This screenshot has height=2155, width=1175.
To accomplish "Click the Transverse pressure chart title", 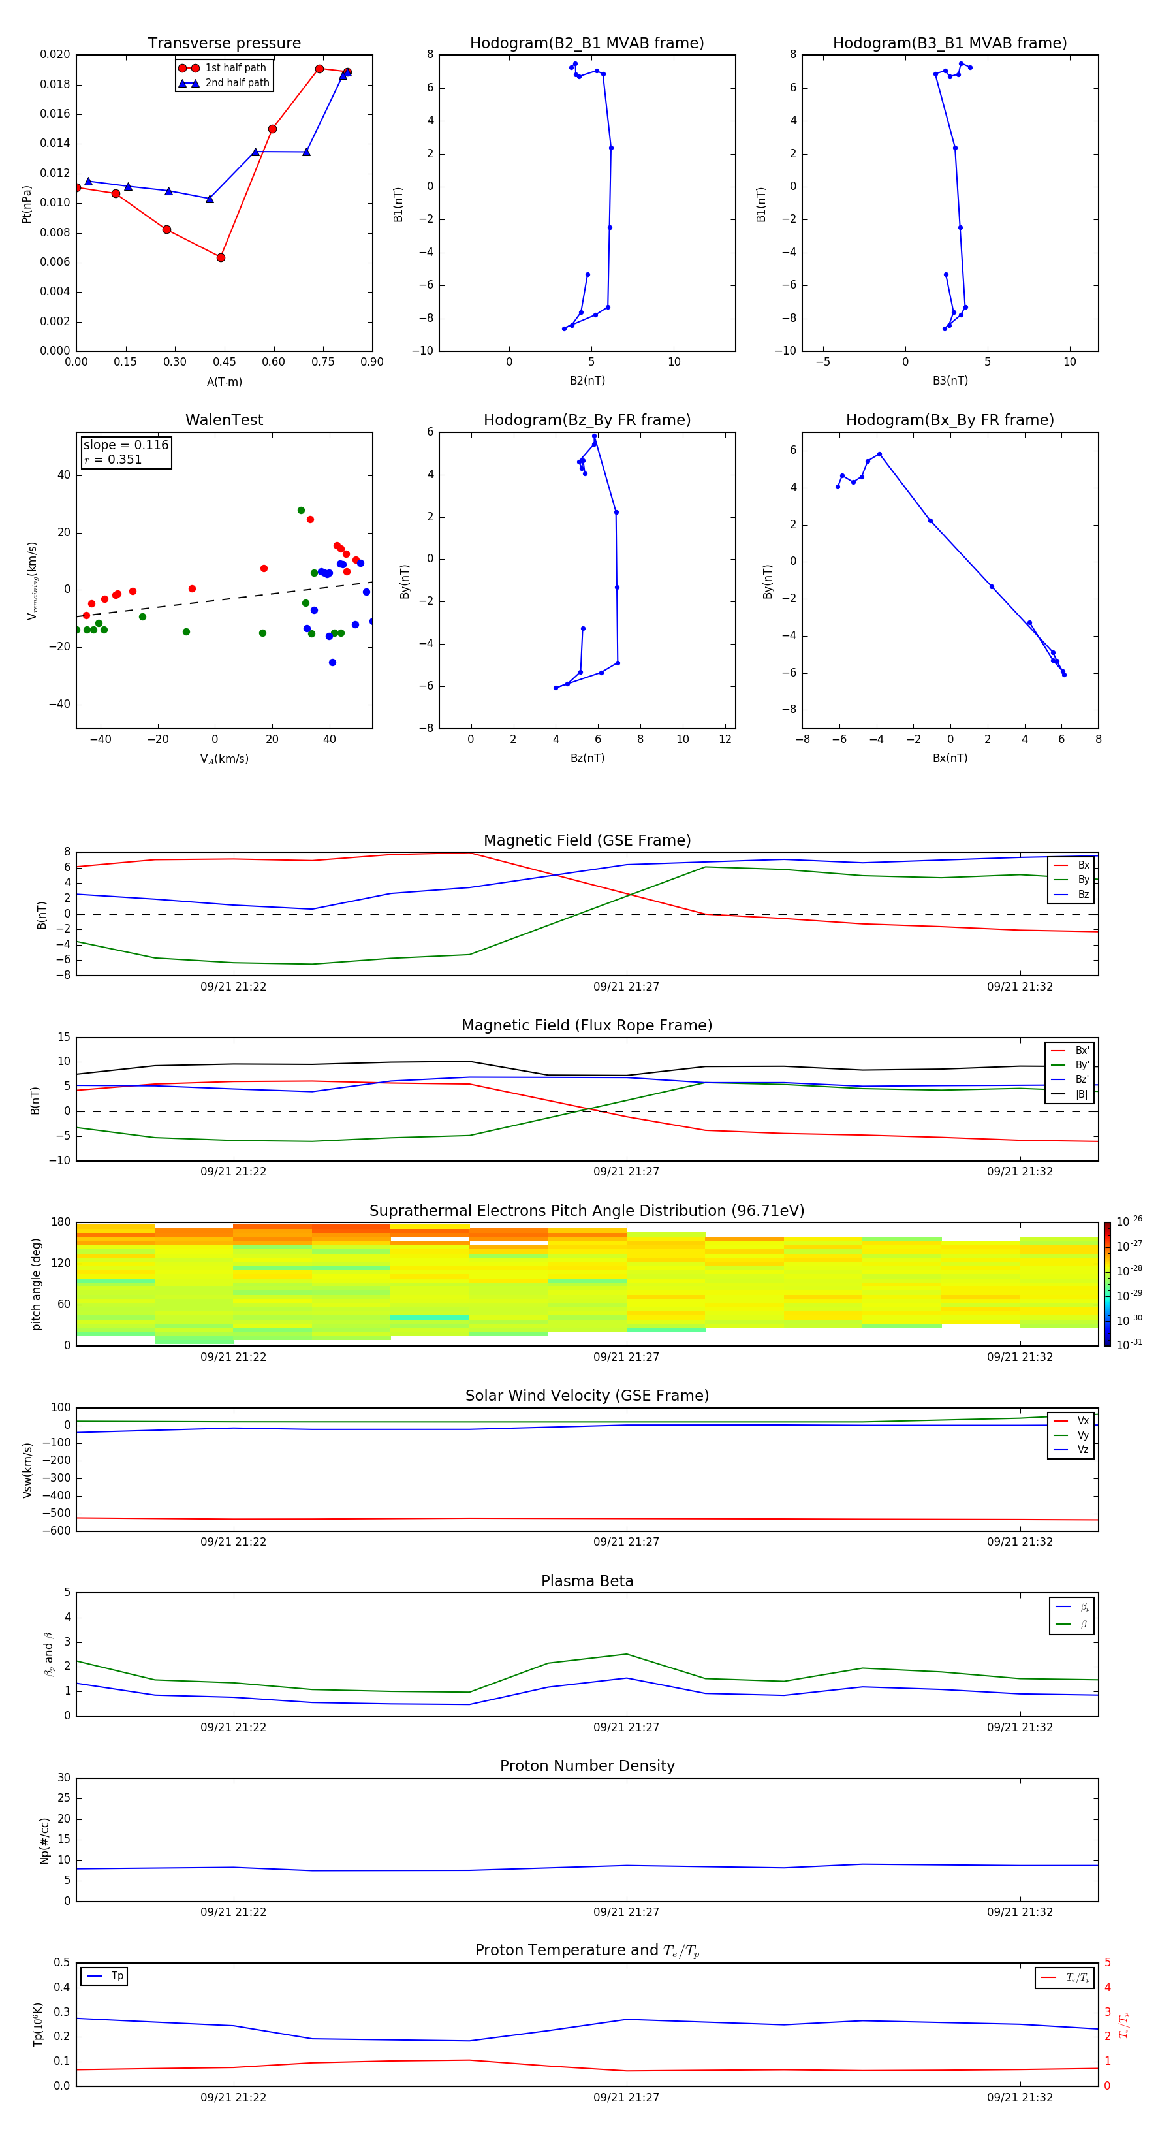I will point(224,44).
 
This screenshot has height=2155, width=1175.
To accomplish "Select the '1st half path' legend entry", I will point(235,68).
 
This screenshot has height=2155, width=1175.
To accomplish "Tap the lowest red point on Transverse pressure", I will point(221,258).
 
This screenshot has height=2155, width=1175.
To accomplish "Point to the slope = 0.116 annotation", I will point(125,445).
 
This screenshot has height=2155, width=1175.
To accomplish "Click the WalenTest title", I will point(224,420).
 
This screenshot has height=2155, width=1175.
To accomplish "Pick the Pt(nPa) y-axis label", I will point(27,204).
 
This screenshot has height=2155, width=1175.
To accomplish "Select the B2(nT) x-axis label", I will point(587,381).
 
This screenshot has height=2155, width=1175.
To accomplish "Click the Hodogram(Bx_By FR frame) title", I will point(949,420).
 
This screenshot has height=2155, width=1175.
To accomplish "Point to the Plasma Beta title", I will point(587,1581).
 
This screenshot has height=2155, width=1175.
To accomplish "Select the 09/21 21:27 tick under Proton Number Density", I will point(627,1911).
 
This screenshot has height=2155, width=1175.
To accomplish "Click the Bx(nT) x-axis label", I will point(949,758).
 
